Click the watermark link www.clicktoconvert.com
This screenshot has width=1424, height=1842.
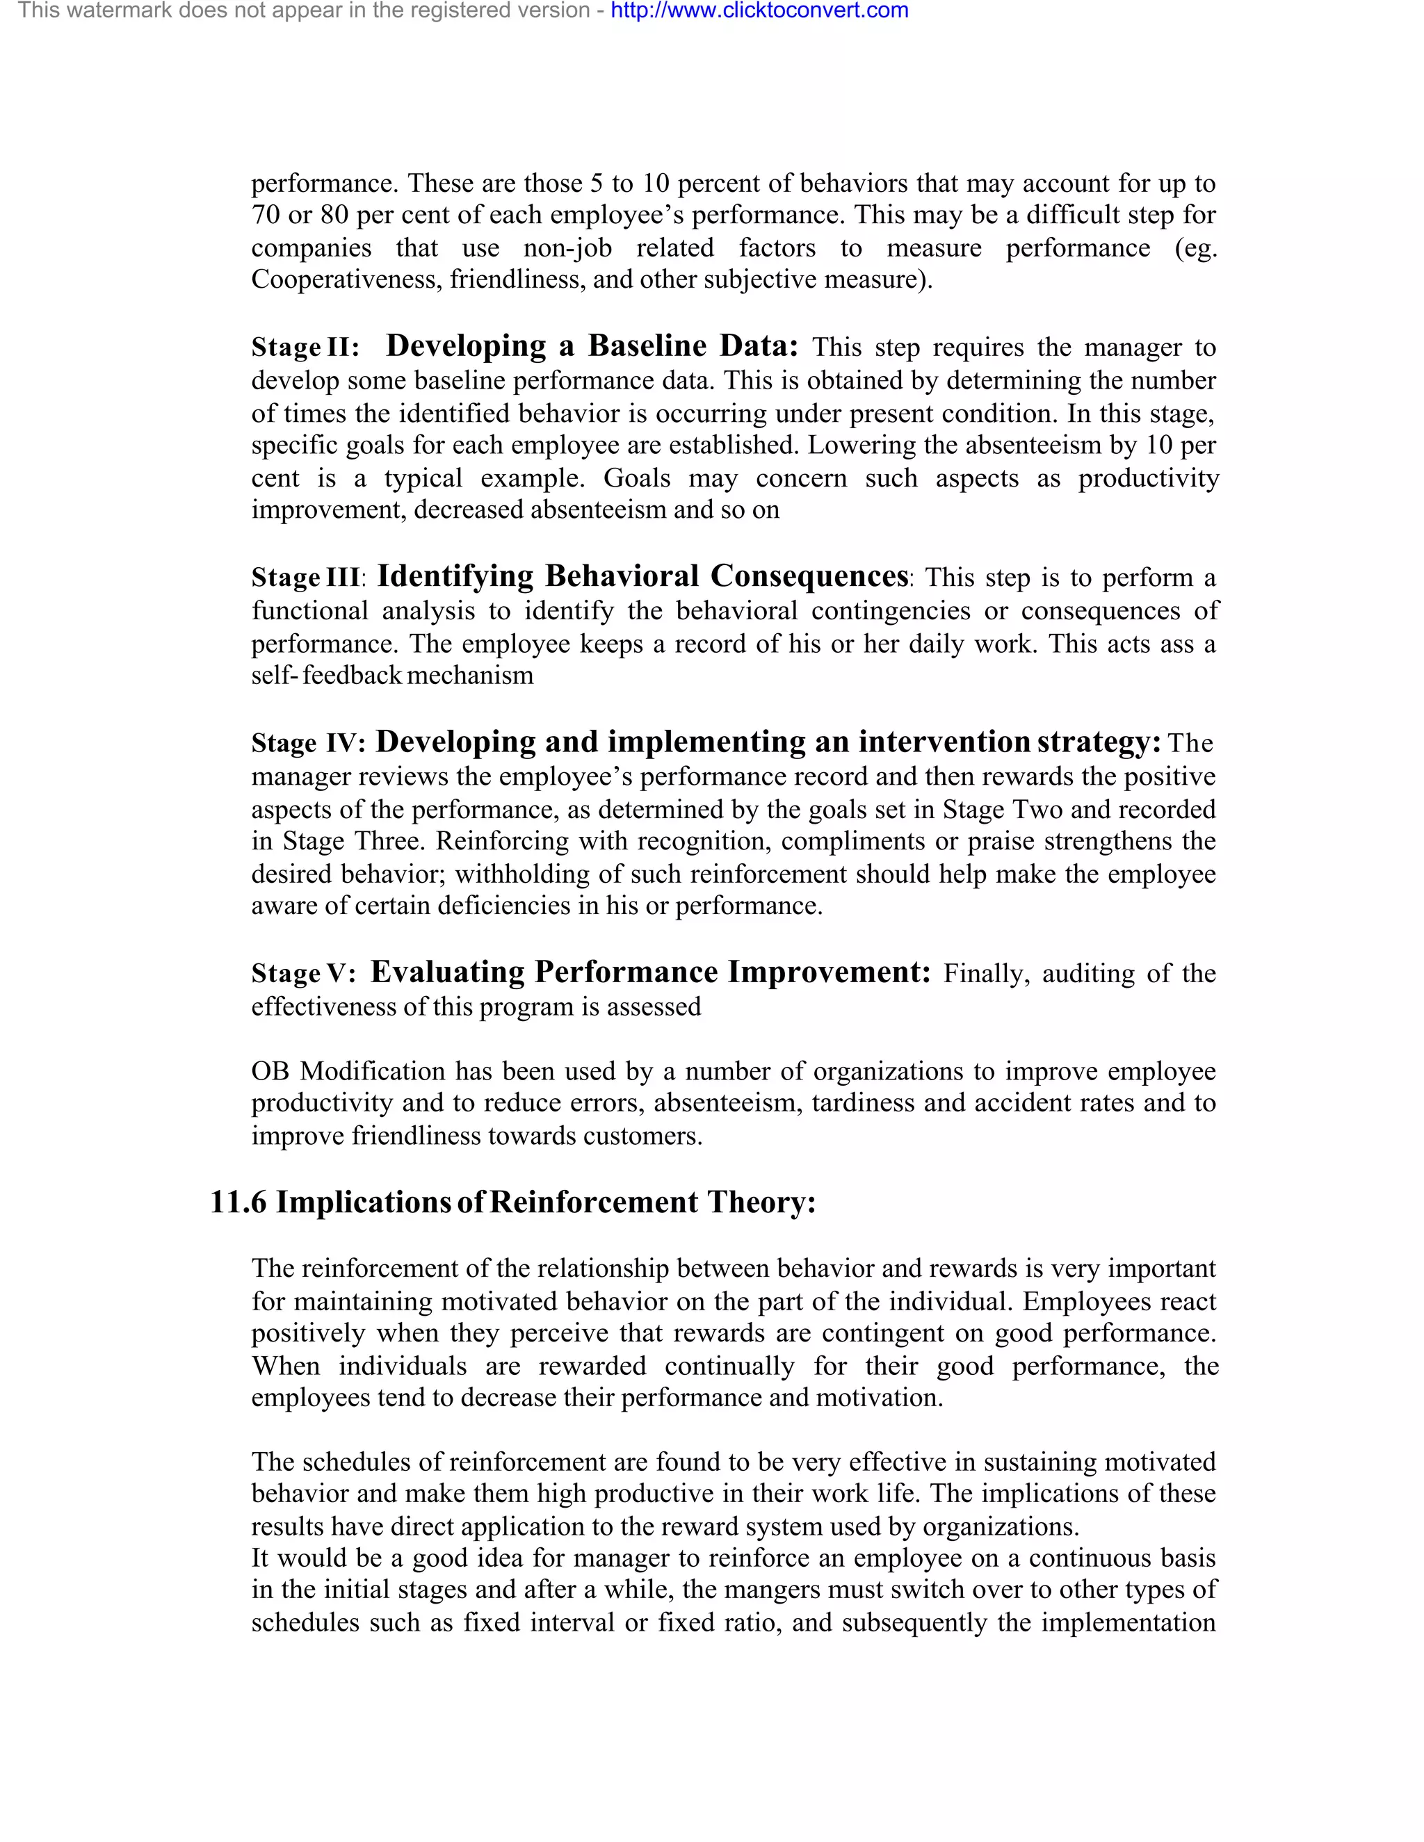[x=759, y=11]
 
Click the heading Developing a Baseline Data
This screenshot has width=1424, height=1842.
[x=592, y=345]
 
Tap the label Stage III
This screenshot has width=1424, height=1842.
[x=306, y=578]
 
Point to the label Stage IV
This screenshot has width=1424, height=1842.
[x=308, y=743]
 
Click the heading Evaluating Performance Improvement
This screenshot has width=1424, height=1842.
[x=650, y=972]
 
